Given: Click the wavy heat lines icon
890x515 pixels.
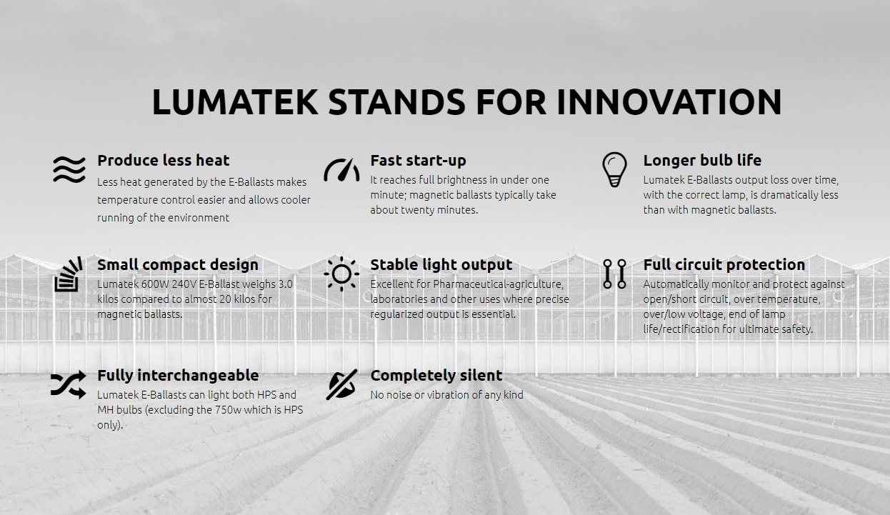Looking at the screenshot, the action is (69, 169).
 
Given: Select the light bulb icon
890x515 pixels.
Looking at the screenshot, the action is (614, 169).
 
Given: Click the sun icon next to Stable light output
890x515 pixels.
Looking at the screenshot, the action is (341, 274).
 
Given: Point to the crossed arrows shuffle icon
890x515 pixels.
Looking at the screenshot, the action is (69, 384).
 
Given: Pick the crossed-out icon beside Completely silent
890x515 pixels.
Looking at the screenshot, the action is (341, 384).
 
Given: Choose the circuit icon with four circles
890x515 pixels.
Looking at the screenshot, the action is (614, 274).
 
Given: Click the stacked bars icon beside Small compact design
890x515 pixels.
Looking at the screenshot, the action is (69, 274).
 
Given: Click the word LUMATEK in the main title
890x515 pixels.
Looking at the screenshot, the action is (235, 101).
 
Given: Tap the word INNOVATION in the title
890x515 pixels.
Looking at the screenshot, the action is (669, 101).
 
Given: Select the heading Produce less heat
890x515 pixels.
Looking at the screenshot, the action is (164, 161).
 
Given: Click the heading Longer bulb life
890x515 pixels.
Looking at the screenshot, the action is (702, 161).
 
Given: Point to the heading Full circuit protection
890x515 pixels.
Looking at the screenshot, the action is (724, 265).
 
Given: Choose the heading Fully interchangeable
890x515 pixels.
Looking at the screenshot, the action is (178, 376).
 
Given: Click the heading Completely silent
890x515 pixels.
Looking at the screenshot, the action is (436, 376).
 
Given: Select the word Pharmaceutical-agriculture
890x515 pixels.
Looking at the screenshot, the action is (499, 284).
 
